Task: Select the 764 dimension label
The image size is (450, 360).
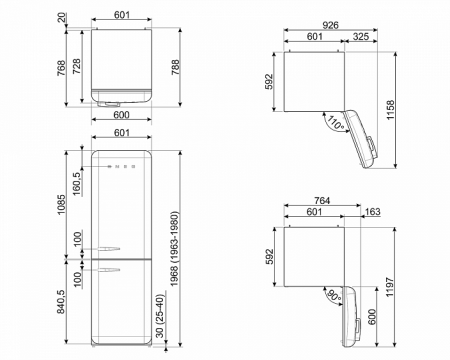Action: point(322,200)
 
